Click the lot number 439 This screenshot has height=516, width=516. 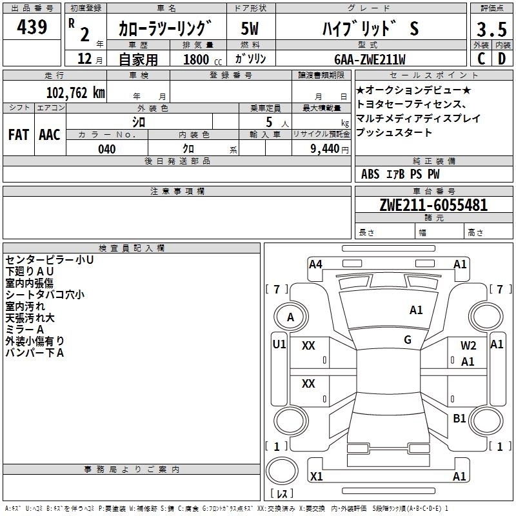click(x=32, y=26)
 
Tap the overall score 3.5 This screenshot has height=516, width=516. click(x=491, y=29)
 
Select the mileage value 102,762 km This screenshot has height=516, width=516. click(x=75, y=92)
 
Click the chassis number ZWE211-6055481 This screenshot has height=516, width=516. click(x=433, y=205)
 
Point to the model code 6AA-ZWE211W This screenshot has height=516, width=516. click(x=370, y=59)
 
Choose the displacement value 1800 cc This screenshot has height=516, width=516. click(x=203, y=59)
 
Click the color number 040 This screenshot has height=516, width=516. click(x=107, y=149)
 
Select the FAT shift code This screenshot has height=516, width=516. click(x=19, y=135)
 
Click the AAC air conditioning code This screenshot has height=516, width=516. click(x=50, y=135)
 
